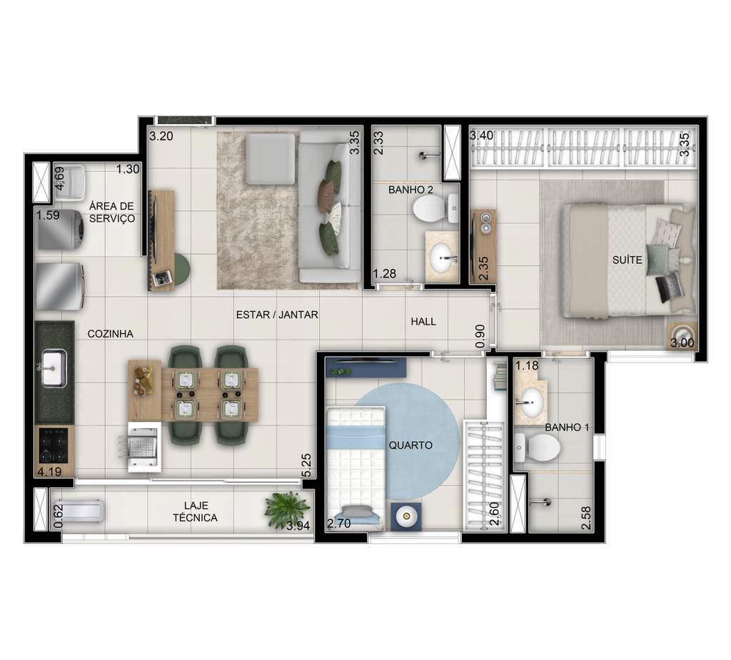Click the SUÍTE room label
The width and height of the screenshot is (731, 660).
tap(626, 260)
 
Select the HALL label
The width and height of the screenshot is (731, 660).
tap(423, 322)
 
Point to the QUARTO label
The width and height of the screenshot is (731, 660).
tap(410, 445)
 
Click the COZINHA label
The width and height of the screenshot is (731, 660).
tap(110, 333)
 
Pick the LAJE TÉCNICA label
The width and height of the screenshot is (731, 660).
tap(195, 512)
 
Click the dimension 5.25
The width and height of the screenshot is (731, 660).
tap(306, 464)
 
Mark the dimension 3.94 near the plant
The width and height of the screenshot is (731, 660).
tap(298, 527)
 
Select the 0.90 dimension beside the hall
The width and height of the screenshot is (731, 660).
tap(480, 335)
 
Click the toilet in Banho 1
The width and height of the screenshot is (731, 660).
tap(539, 447)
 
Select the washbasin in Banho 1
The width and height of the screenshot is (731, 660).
tap(530, 402)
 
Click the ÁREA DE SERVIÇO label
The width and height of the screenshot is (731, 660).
tap(112, 212)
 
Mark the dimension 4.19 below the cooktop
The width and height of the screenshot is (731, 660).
tap(49, 471)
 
